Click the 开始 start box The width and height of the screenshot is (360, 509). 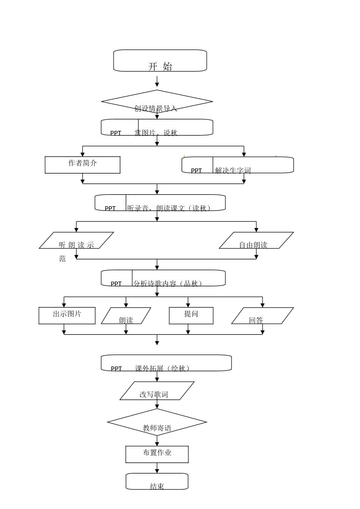(160, 61)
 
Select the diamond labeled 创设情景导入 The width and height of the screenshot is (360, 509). (157, 102)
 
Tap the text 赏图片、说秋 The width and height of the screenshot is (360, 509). (156, 133)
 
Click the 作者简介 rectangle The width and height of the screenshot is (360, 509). (83, 165)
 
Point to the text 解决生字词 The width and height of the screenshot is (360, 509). (233, 171)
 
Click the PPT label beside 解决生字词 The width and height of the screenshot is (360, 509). (196, 171)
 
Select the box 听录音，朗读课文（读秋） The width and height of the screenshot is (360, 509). (160, 203)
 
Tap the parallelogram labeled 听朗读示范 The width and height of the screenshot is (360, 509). (76, 240)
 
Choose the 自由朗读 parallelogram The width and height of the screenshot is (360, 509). (256, 240)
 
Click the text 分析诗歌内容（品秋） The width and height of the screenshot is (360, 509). (168, 283)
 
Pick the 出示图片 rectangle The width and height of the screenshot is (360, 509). (67, 316)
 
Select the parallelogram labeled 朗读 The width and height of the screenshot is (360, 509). (126, 316)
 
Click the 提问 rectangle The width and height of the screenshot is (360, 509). (191, 316)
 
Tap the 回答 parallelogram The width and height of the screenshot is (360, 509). (262, 316)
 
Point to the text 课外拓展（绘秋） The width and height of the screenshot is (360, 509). (162, 368)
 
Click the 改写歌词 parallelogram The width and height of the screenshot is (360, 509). (157, 391)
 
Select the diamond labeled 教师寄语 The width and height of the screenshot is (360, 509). (157, 422)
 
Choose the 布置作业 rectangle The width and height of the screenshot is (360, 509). (157, 454)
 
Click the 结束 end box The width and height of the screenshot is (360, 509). (157, 482)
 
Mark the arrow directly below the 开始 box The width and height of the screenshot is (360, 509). (157, 81)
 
